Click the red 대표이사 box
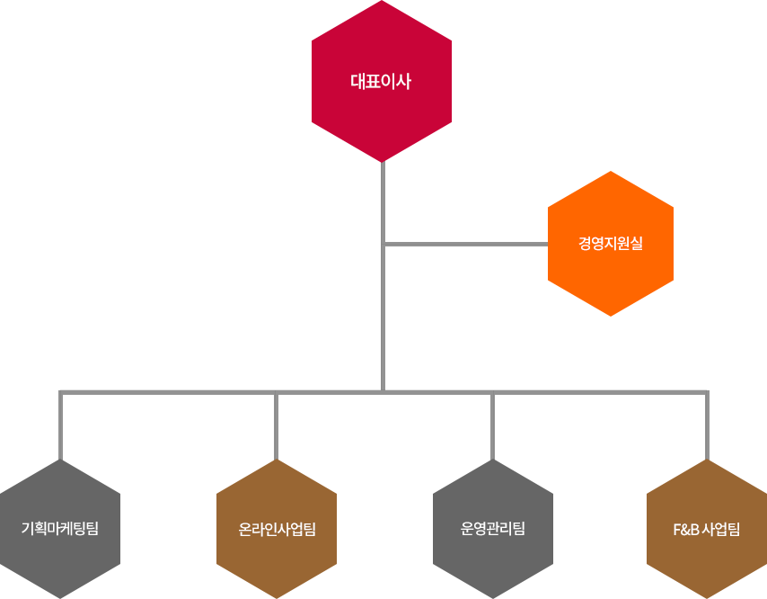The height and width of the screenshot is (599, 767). point(381,82)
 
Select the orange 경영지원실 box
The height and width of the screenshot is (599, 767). point(611,243)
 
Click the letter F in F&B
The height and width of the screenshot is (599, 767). point(677,529)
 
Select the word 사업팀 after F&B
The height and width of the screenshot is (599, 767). point(722,529)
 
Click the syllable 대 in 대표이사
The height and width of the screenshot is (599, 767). point(357,82)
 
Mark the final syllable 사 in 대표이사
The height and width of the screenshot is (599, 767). point(404,82)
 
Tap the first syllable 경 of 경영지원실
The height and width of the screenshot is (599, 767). point(586,243)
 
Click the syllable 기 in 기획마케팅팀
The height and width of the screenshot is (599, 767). point(28,529)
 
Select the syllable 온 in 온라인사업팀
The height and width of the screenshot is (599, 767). point(245,529)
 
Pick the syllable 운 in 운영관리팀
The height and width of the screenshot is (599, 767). point(467,529)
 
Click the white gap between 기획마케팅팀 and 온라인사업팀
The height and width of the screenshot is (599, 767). point(168,551)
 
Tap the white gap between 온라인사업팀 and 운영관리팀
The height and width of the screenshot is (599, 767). point(384,551)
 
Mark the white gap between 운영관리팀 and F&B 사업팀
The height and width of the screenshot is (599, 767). point(599,551)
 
